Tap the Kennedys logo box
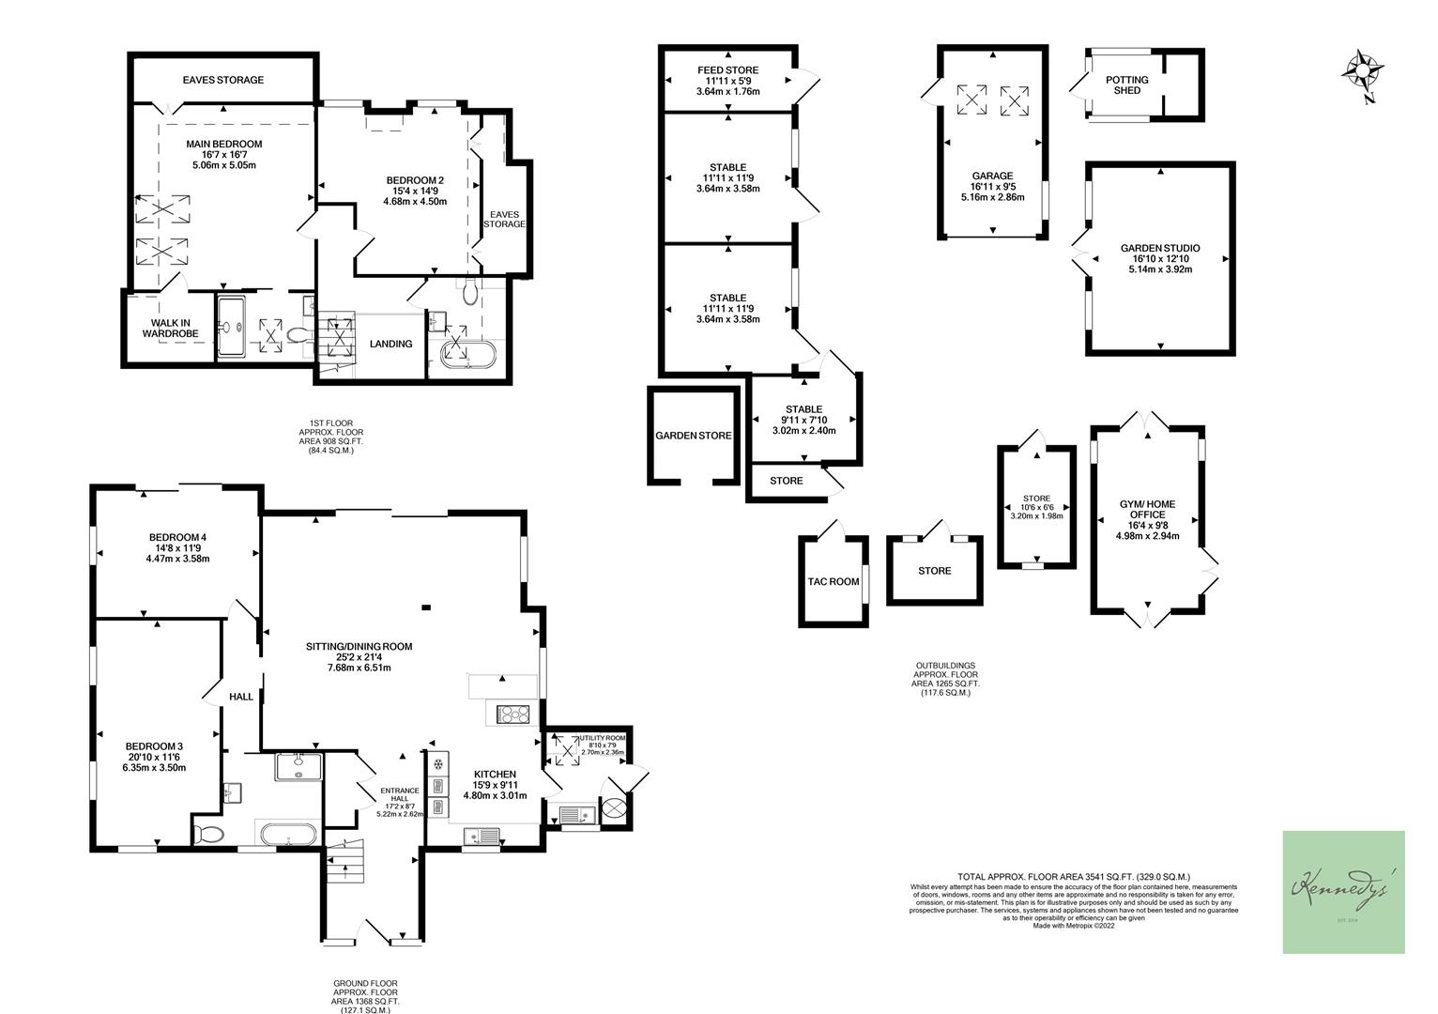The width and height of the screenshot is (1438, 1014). [x=1343, y=892]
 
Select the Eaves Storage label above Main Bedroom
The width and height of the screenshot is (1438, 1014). [x=223, y=81]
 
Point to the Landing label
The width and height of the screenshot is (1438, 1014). [x=390, y=344]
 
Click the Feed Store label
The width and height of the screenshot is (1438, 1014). [x=727, y=70]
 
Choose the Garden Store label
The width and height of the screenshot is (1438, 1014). [x=693, y=436]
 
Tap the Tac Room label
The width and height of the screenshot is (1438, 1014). [x=834, y=582]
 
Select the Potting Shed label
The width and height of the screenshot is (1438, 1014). [x=1126, y=85]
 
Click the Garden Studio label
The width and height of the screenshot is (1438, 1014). [x=1160, y=249]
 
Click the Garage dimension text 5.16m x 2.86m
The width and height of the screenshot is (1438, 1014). [x=992, y=198]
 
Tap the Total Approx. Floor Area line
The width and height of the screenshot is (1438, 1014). [x=1074, y=875]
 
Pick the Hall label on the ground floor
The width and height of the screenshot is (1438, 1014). [x=241, y=698]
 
